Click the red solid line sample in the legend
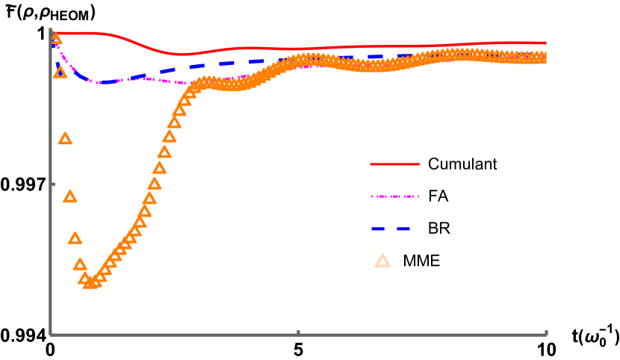394,164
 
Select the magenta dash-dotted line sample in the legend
394,196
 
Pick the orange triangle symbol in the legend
382,261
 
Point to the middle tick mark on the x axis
298,332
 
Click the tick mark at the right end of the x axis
546,332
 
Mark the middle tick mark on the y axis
52,184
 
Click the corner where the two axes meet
51,335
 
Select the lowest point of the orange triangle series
90,282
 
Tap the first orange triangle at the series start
55,37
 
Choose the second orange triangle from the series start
60,72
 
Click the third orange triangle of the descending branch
65,139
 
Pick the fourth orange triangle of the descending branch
69,197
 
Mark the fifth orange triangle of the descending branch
75,238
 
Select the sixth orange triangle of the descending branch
80,264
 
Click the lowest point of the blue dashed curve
103,82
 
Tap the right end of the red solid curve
546,43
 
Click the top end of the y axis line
51,29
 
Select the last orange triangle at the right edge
545,57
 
